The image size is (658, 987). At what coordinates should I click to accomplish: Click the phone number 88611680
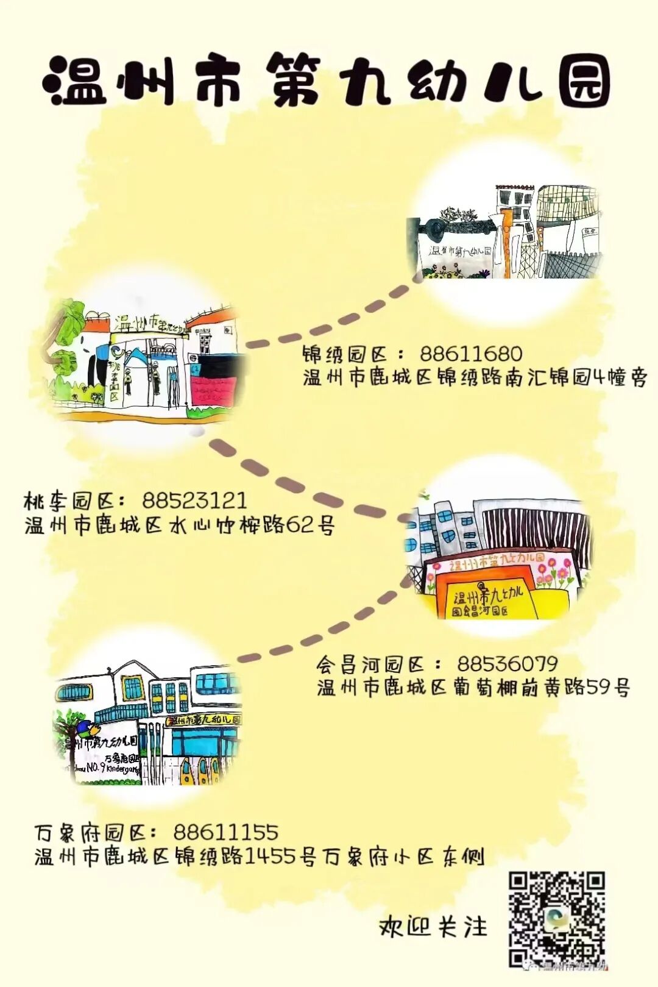click(470, 354)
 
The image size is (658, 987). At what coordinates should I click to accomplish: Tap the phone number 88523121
click(194, 501)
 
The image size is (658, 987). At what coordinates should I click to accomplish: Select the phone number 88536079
click(507, 664)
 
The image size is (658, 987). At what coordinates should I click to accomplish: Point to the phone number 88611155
click(225, 832)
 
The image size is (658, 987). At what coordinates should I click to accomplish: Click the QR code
click(556, 919)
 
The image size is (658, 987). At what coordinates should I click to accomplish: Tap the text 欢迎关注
click(433, 927)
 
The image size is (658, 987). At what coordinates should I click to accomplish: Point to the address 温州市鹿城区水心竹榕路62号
click(180, 525)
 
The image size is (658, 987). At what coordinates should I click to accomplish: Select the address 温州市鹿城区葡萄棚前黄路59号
click(473, 688)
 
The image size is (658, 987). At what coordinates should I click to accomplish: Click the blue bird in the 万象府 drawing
click(86, 729)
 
